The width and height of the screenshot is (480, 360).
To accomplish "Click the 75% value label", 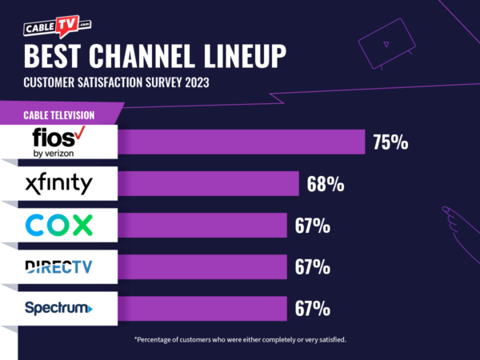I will (x=390, y=143).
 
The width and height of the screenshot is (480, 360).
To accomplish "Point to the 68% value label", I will (x=326, y=185).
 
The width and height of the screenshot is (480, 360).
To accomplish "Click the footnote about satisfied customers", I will (x=241, y=340).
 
